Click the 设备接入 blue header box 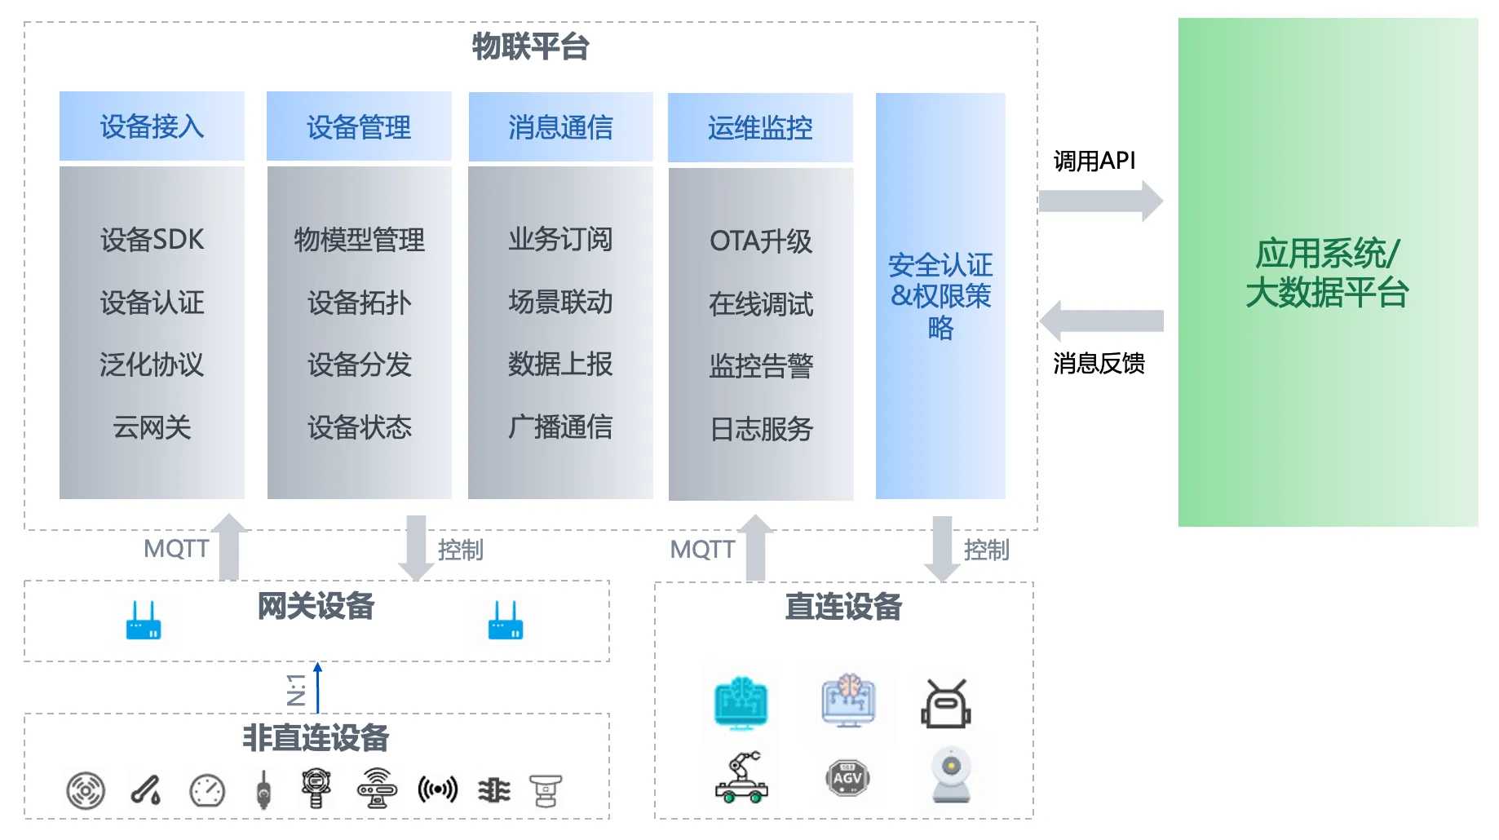152,126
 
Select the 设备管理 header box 359,126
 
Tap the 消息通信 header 560,126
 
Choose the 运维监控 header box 760,127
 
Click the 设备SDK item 152,240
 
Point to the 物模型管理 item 359,240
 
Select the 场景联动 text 560,303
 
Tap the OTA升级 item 760,241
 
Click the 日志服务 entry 761,429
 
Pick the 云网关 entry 152,427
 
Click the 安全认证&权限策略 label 940,296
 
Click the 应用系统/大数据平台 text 1327,273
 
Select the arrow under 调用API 1100,201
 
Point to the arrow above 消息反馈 1100,321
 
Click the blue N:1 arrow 318,687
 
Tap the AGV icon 847,778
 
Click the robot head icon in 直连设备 946,704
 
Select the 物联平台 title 530,46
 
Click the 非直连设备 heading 316,738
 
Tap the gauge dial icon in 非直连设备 207,790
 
